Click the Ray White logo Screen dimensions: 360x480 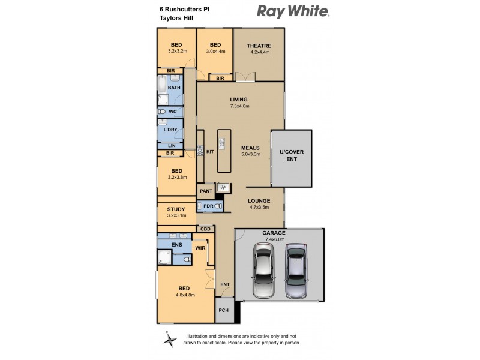(x=293, y=11)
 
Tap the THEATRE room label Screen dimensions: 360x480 (x=260, y=46)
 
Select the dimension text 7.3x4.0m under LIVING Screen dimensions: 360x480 (x=239, y=106)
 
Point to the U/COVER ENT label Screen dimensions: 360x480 (x=291, y=156)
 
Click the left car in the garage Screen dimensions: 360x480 (x=263, y=270)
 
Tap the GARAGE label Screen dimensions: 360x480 (x=273, y=232)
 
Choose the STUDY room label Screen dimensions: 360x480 (x=176, y=209)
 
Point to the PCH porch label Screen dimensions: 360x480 (x=223, y=310)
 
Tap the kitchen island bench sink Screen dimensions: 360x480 (x=222, y=142)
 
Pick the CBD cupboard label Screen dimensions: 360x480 (x=205, y=229)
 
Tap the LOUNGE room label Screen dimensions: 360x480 (x=258, y=201)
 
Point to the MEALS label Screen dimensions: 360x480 (x=251, y=147)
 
